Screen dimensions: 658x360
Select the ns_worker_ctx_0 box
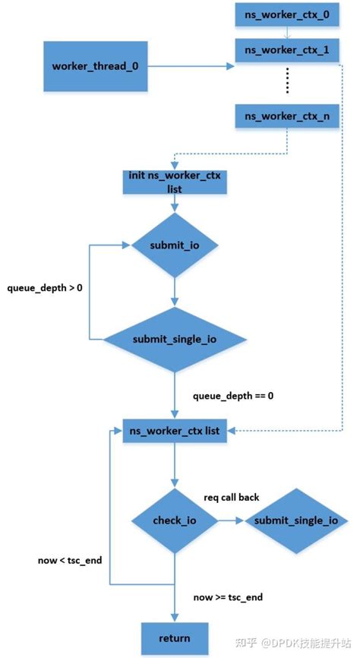(x=287, y=15)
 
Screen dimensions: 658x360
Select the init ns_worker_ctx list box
(x=175, y=182)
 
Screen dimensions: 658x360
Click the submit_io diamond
(x=175, y=245)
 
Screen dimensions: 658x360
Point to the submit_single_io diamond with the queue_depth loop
(x=175, y=339)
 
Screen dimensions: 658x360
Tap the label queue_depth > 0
(x=45, y=289)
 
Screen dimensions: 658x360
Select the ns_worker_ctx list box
(x=175, y=431)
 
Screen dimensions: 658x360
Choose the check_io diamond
(x=175, y=520)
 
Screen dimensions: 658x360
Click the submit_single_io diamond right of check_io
(x=296, y=520)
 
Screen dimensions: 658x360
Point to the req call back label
(x=232, y=498)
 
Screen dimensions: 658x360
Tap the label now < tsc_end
(x=70, y=560)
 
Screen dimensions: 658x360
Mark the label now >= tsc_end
(x=228, y=597)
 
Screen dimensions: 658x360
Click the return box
(x=175, y=637)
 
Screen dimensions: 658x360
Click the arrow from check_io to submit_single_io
(x=231, y=520)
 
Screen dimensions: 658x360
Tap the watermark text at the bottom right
(x=296, y=643)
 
